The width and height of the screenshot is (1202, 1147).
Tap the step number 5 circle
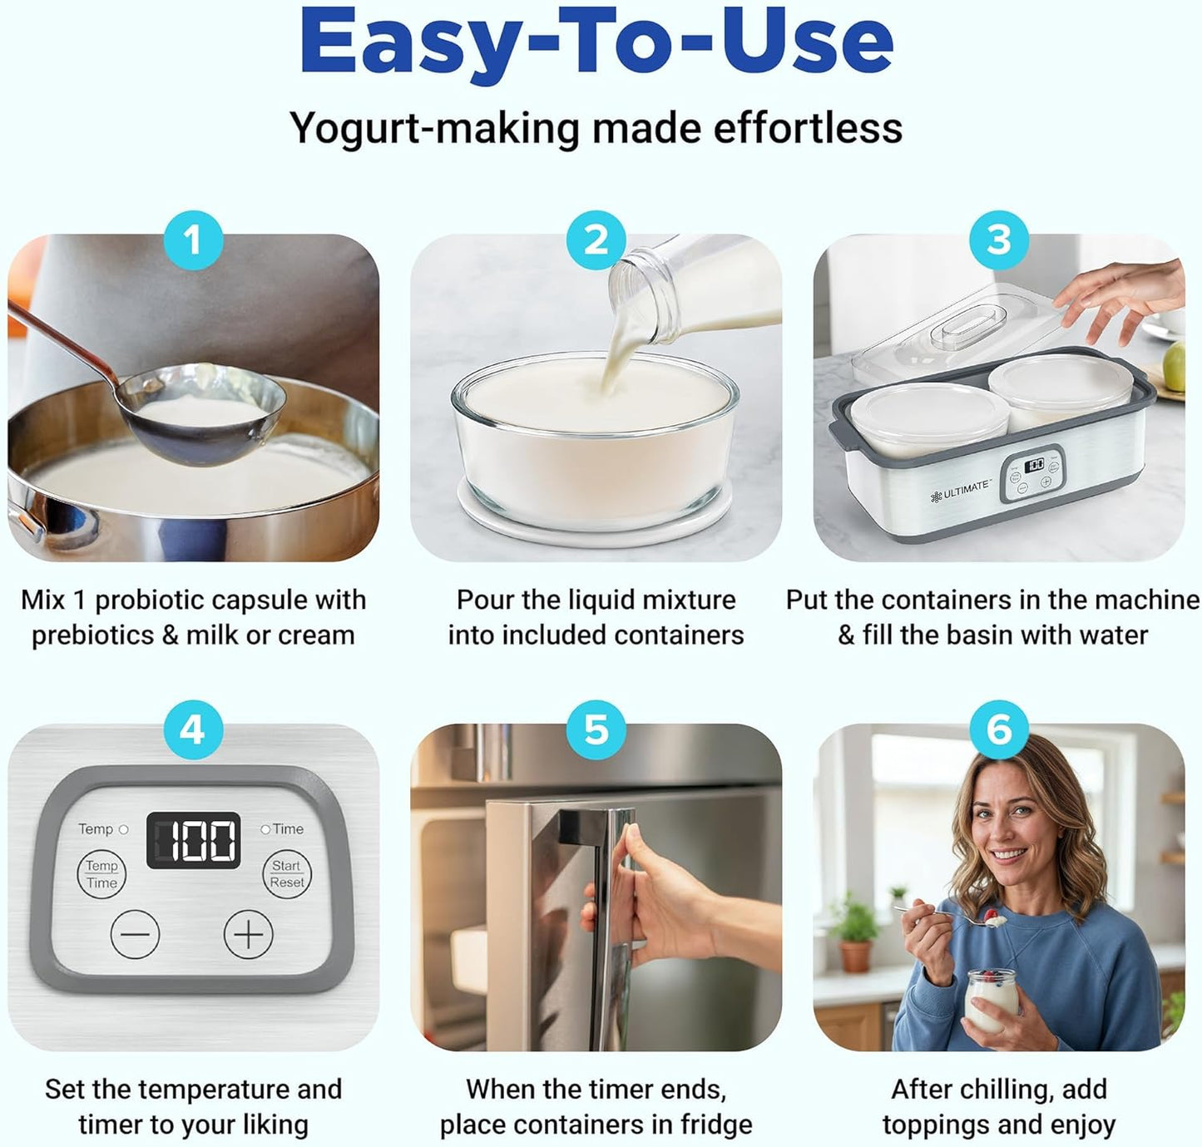pos(596,729)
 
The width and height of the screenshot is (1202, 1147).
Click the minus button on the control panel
pos(135,933)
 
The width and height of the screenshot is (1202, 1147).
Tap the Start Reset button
pos(287,874)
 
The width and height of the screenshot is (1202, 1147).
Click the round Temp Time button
pos(101,874)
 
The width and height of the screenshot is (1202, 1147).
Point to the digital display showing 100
pos(194,840)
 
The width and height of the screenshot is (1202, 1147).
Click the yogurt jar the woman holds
pos(992,998)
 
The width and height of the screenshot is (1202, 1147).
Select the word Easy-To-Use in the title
pos(596,42)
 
